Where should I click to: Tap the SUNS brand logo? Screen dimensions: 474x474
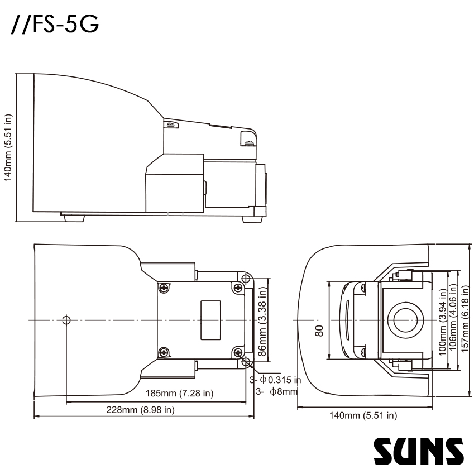coord(418,451)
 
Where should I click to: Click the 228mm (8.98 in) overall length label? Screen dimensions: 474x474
coord(141,410)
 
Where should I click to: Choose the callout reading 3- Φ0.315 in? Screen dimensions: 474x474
coord(275,380)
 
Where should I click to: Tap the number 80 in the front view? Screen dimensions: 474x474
coord(320,331)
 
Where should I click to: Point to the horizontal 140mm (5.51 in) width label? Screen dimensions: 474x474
coord(363,415)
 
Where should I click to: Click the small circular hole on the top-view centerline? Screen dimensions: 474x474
coord(66,320)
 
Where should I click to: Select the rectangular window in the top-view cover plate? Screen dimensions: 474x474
coord(211,320)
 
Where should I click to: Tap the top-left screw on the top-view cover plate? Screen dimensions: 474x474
coord(164,288)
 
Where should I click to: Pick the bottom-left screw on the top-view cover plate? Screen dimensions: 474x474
coord(164,352)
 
